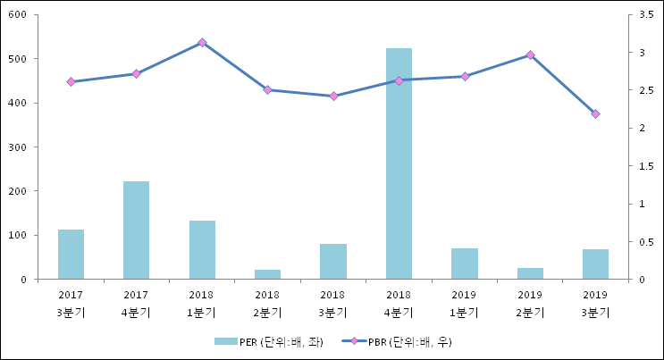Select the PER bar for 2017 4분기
click(x=136, y=230)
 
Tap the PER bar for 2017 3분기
click(x=71, y=255)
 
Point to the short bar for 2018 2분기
click(x=267, y=274)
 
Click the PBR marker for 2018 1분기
click(x=202, y=42)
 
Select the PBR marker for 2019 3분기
click(x=595, y=114)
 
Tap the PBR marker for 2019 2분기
click(x=530, y=54)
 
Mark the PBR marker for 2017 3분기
click(x=71, y=81)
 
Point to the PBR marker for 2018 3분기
click(x=332, y=96)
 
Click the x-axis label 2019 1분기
click(x=464, y=304)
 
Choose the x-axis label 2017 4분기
click(x=136, y=304)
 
